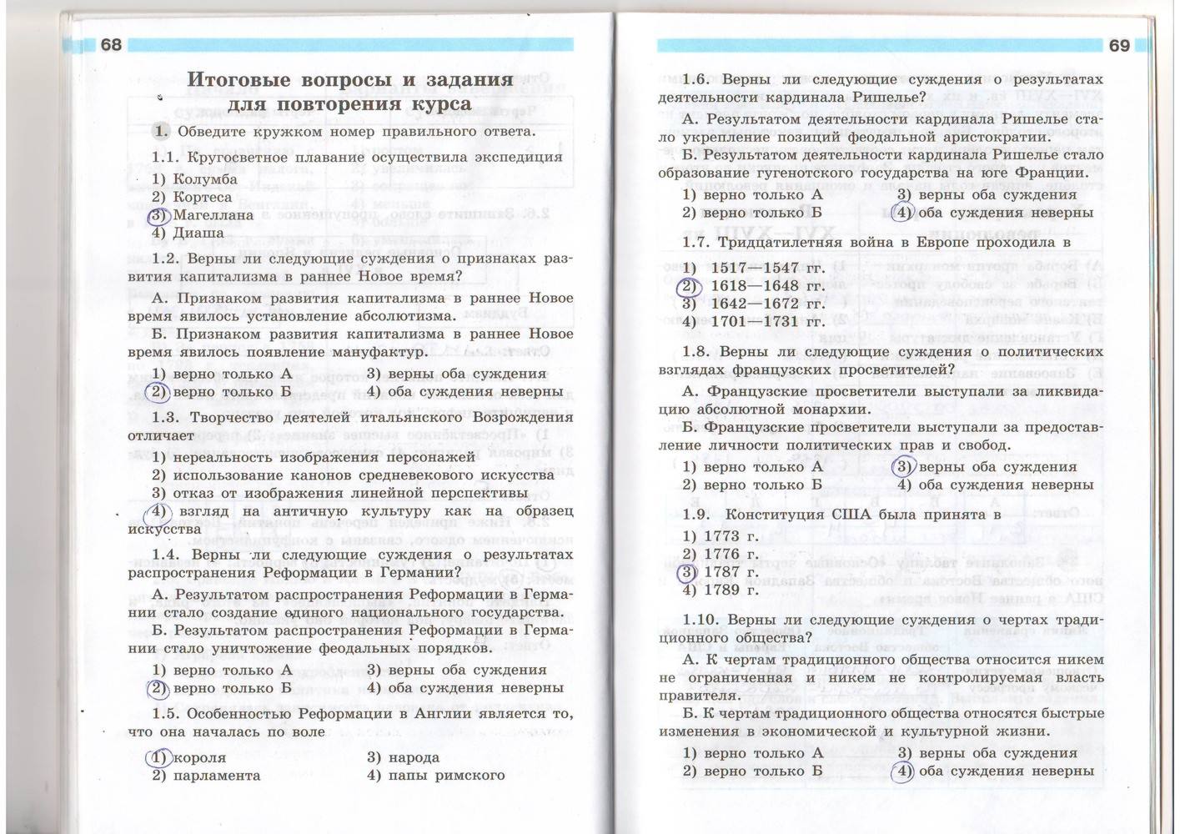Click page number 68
[x=112, y=45]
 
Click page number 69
[x=1119, y=46]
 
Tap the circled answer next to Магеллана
[x=158, y=215]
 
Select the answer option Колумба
[x=205, y=179]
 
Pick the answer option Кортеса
[x=202, y=197]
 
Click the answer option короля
[x=199, y=757]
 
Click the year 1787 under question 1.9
[x=731, y=572]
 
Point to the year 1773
[x=731, y=536]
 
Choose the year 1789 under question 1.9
[x=731, y=590]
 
